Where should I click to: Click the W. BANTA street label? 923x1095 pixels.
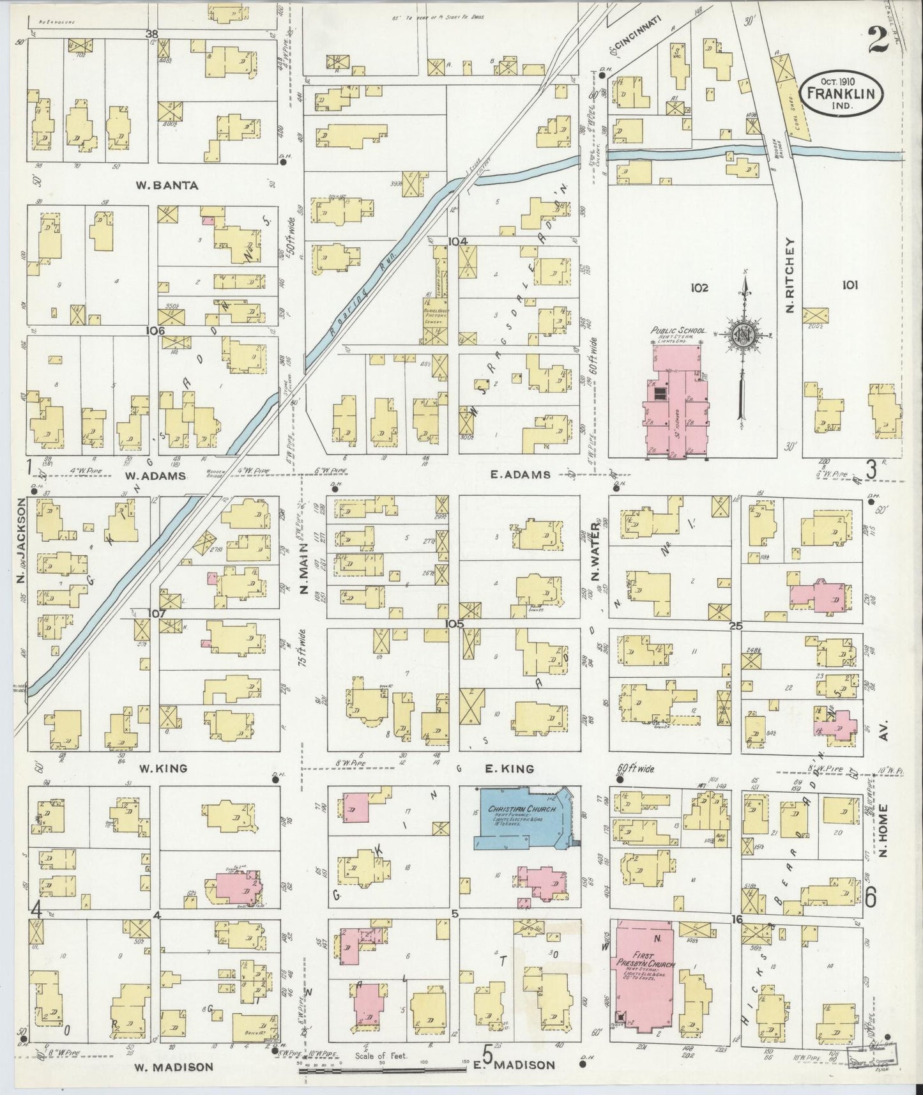pyautogui.click(x=158, y=185)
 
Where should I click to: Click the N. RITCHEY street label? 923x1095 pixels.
pyautogui.click(x=790, y=275)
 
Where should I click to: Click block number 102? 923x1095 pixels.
pyautogui.click(x=699, y=288)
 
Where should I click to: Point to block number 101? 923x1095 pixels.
pyautogui.click(x=849, y=286)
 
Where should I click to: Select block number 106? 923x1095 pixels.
pyautogui.click(x=155, y=331)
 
